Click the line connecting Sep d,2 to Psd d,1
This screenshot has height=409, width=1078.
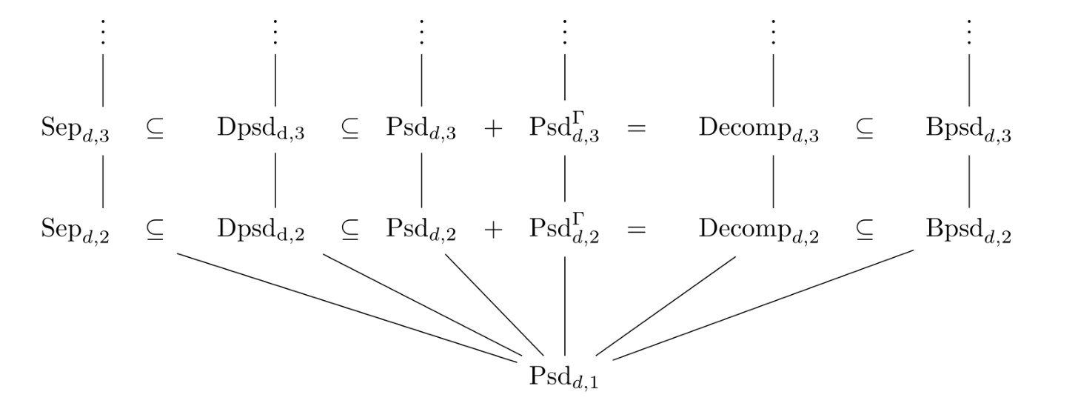click(348, 307)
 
